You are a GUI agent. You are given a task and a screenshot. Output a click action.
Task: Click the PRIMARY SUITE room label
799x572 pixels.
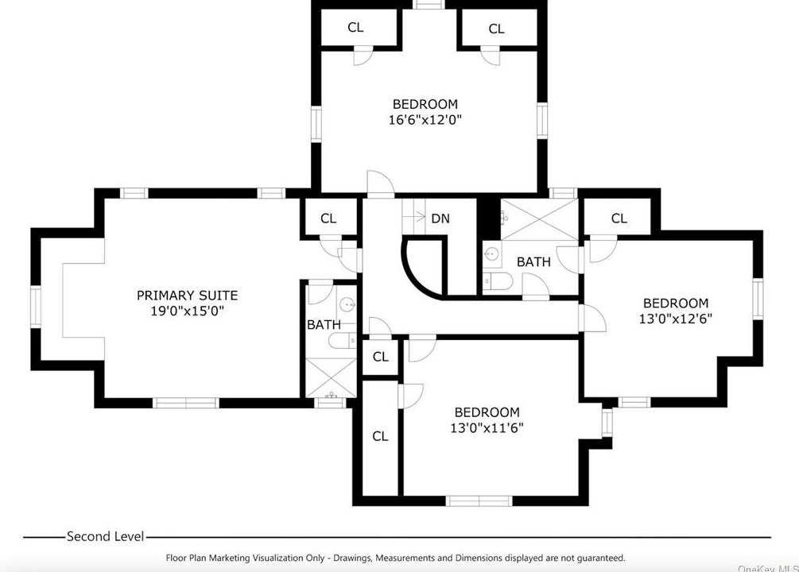pos(187,296)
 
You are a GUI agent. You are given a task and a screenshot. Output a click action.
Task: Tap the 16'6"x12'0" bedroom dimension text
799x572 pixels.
pos(425,120)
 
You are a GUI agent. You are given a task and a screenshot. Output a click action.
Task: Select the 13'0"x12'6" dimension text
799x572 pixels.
pos(676,319)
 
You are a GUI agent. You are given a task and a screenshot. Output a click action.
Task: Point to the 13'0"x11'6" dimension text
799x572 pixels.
pos(487,428)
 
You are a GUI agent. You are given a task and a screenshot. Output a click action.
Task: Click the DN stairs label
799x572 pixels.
pos(440,218)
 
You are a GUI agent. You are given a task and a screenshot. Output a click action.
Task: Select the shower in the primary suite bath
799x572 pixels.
pos(331,377)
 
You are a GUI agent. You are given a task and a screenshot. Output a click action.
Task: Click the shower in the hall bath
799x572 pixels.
pos(540,219)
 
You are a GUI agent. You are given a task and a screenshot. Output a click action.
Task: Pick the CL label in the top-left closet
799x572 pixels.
pos(355,28)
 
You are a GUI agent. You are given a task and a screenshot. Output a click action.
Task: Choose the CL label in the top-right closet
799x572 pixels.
pos(496,29)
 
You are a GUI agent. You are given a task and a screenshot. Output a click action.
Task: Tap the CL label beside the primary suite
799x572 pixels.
pos(328,218)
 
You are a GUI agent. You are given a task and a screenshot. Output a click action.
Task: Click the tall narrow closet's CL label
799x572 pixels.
pos(380,436)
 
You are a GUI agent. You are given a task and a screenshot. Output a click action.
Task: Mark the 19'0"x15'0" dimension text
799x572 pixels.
pos(188,311)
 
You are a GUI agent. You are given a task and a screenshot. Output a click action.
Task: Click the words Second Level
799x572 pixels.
pos(106,536)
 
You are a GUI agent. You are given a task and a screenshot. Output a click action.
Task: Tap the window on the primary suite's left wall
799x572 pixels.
pos(35,307)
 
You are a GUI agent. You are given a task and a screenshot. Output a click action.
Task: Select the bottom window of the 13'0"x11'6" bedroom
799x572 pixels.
pos(479,501)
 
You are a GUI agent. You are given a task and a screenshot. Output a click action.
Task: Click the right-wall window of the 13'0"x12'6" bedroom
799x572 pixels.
pos(758,299)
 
